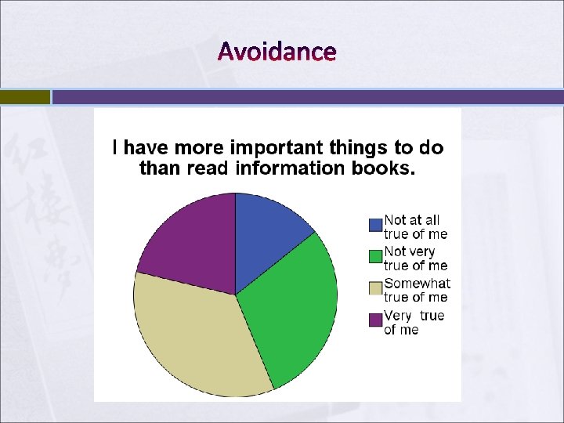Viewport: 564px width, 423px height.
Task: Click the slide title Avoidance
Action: [277, 52]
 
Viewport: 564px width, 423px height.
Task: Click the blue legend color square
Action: [375, 225]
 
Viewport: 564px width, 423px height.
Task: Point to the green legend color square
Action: [375, 256]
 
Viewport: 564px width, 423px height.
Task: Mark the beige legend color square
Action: [375, 288]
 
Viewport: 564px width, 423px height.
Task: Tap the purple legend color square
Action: [375, 320]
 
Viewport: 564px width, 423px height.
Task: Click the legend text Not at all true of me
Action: [415, 227]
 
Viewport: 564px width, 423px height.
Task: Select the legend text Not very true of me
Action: [415, 258]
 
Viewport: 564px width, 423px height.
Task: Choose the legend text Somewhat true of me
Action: [417, 290]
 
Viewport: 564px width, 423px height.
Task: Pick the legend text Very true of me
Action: [414, 322]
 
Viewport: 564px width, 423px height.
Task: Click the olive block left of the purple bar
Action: [24, 97]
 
